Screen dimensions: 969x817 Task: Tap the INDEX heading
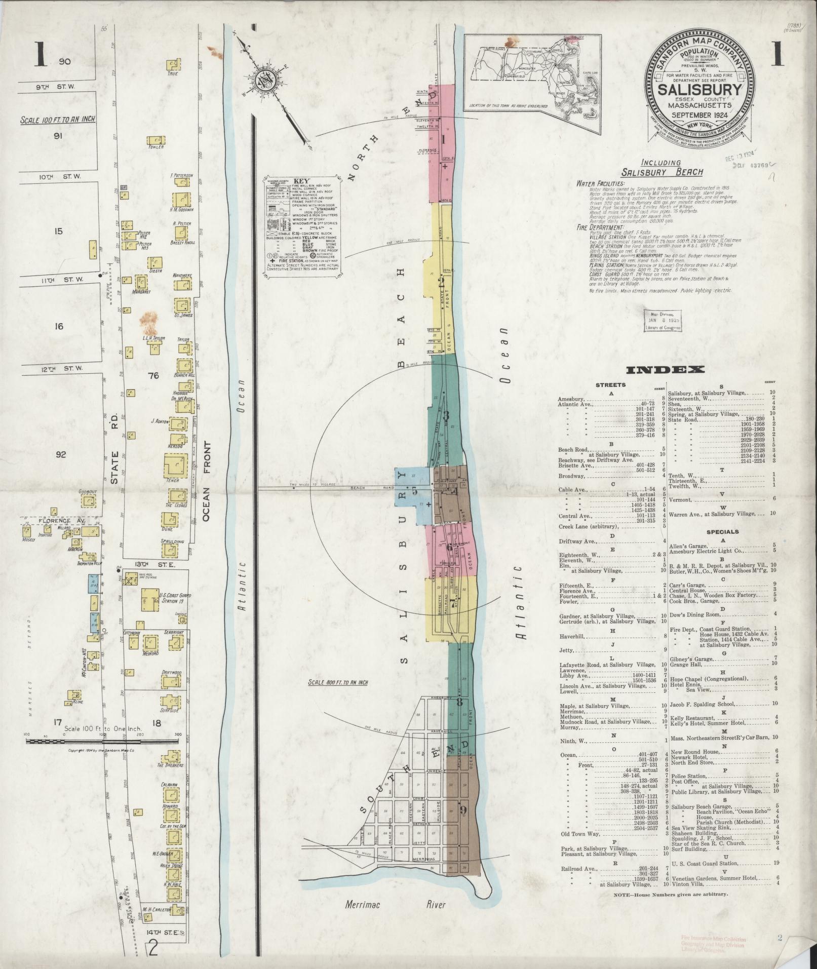click(x=665, y=370)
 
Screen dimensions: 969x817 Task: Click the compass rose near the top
click(x=263, y=80)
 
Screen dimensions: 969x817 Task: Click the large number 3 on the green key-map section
click(x=446, y=416)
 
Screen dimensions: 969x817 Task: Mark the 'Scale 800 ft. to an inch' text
click(x=338, y=682)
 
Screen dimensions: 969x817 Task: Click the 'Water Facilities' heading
click(x=601, y=183)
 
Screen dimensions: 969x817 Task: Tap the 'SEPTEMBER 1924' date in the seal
click(x=699, y=115)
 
